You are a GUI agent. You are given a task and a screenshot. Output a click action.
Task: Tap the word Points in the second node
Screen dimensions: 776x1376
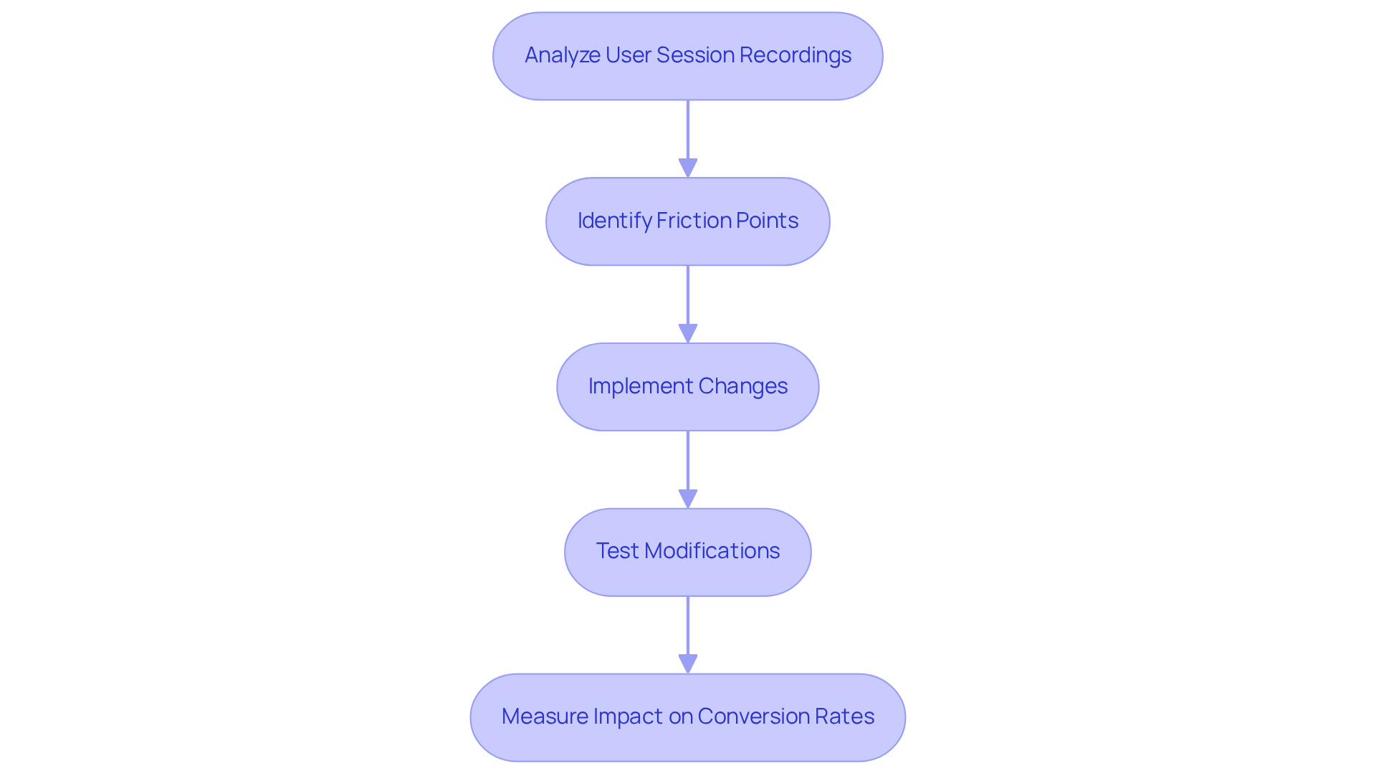(x=765, y=221)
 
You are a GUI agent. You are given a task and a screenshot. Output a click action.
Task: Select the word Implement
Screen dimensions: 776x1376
(x=641, y=386)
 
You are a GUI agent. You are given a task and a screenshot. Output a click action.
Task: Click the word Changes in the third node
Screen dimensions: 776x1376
(x=742, y=386)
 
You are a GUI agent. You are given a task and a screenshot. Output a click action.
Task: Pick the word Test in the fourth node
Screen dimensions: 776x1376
(x=617, y=551)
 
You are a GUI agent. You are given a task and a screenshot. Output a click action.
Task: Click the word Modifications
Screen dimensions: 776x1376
(x=712, y=551)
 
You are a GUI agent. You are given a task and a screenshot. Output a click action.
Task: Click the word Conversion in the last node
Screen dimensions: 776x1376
(x=747, y=717)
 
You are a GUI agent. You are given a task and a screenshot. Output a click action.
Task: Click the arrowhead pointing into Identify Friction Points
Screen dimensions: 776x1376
(x=688, y=168)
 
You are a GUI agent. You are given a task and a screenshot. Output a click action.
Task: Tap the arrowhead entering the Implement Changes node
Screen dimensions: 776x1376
(x=688, y=334)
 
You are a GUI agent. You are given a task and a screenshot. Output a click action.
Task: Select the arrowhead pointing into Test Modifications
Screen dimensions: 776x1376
(x=688, y=499)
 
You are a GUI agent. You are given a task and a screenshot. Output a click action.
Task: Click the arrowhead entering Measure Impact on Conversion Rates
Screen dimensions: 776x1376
(x=688, y=664)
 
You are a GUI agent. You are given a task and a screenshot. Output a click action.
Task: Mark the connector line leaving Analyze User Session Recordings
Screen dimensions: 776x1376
(x=688, y=129)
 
